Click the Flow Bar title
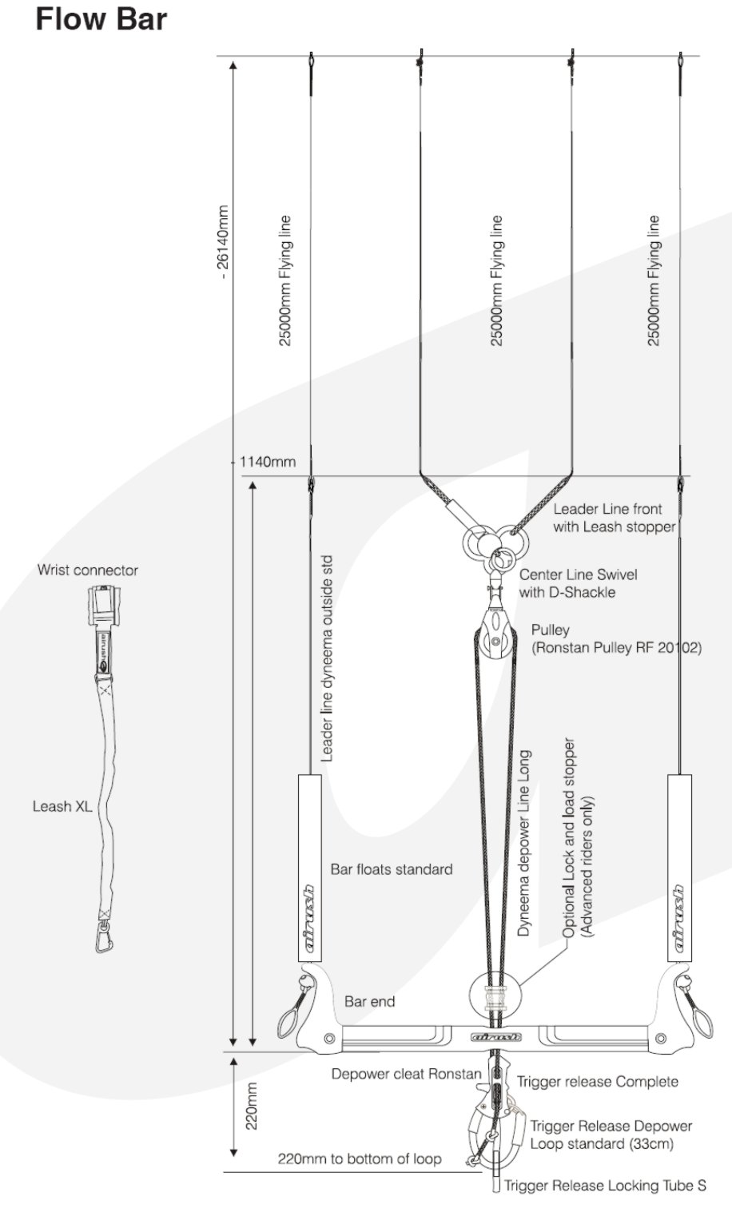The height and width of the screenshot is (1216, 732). [101, 19]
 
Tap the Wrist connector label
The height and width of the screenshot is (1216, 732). [87, 570]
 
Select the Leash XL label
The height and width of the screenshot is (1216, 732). [62, 806]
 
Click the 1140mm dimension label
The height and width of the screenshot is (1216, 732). [268, 462]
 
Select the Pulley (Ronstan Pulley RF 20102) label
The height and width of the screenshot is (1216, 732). [615, 638]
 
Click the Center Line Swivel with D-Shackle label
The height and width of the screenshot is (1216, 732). [578, 583]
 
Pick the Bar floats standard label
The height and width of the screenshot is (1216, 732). [391, 869]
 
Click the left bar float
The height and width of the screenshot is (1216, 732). [308, 867]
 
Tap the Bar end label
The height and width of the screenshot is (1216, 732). [369, 1001]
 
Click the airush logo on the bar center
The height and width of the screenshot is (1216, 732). [496, 1038]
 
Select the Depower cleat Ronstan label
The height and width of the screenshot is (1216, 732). [406, 1075]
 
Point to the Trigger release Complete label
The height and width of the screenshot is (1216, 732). [597, 1082]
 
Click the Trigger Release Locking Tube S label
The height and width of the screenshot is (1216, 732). [605, 1186]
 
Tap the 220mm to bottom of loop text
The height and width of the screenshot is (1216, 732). [359, 1158]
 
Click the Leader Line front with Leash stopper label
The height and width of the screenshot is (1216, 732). [614, 518]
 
